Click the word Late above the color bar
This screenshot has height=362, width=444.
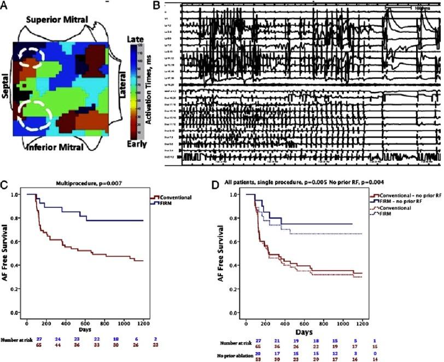pos(135,39)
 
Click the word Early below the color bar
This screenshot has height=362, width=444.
pos(136,145)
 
